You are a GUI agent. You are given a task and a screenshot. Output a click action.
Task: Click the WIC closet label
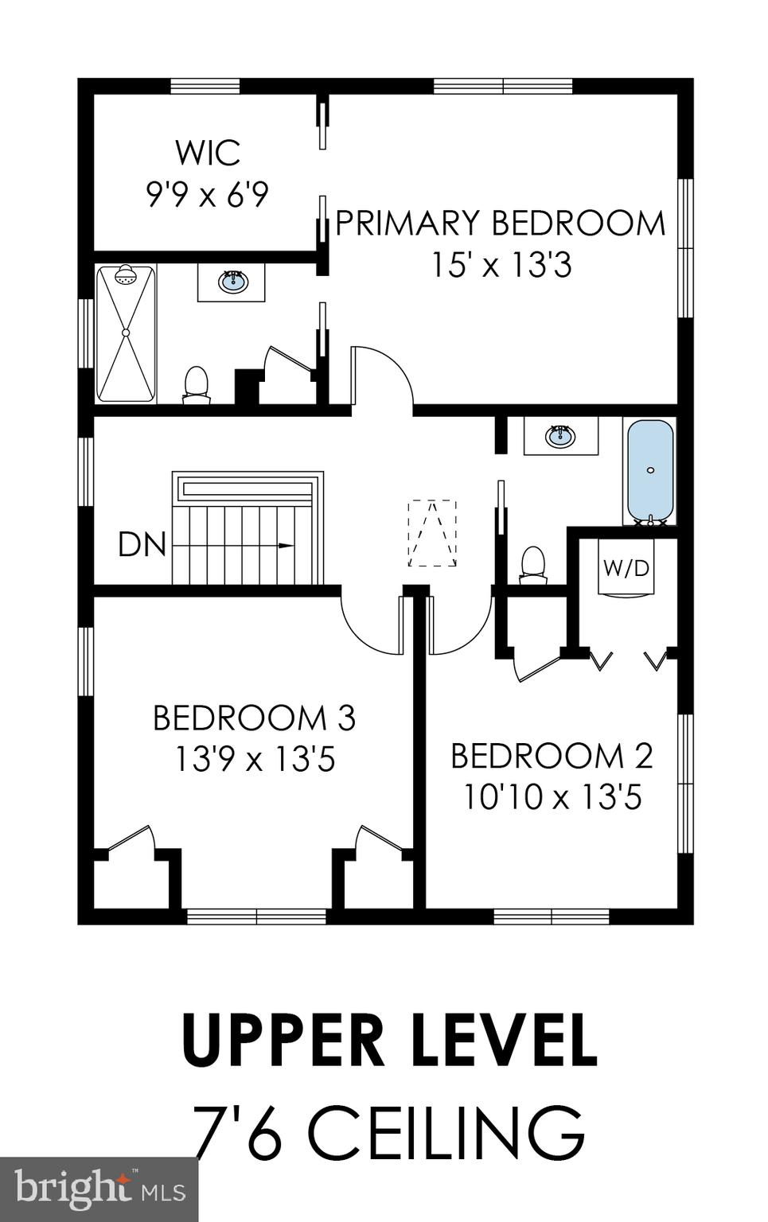(x=207, y=152)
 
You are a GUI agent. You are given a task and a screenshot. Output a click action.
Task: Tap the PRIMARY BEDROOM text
(x=501, y=223)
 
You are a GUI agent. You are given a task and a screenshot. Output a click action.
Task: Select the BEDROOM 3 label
(x=254, y=718)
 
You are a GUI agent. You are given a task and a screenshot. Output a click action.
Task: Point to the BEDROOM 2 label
(x=552, y=755)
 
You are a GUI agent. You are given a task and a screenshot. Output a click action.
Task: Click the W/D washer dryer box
(x=626, y=568)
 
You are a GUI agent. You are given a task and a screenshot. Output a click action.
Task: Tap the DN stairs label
(x=142, y=545)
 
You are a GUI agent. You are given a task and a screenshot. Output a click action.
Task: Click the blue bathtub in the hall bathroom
(x=650, y=470)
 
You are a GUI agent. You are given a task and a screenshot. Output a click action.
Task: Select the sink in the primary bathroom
(x=232, y=282)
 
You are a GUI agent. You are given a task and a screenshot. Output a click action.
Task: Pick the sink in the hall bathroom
(x=560, y=436)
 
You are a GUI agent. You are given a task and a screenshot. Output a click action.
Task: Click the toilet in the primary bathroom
(x=195, y=383)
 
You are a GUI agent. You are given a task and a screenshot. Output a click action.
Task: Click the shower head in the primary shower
(x=125, y=277)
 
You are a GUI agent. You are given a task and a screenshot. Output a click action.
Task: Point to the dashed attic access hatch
(x=432, y=533)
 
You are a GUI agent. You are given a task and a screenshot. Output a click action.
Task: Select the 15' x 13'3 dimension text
(x=501, y=265)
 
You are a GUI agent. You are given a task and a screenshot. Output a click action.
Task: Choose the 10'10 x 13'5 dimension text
(x=552, y=796)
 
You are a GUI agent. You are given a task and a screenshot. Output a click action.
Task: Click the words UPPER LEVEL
(x=389, y=1040)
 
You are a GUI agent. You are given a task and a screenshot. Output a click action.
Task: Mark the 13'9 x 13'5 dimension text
(x=254, y=760)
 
